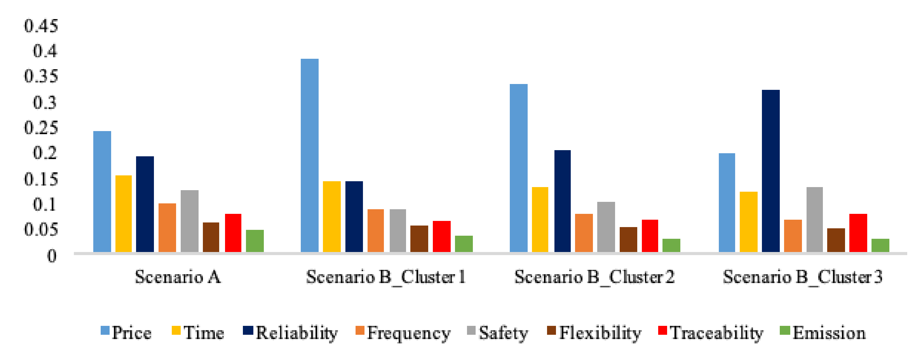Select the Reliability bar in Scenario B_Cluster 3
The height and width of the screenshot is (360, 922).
pos(771,171)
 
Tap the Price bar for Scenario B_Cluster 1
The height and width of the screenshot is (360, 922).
pos(309,155)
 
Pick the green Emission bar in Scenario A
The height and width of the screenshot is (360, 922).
pos(255,241)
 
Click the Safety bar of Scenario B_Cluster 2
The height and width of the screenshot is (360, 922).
pos(606,227)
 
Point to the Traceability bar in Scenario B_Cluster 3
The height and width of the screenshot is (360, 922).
pos(858,233)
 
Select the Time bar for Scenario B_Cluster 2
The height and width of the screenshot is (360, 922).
pos(540,219)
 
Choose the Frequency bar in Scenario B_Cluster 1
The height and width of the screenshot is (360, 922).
pos(376,230)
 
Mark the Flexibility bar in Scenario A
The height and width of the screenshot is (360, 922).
pos(211,237)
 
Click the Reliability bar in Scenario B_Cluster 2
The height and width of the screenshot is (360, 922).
pos(562,201)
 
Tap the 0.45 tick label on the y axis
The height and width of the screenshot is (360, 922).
pos(41,26)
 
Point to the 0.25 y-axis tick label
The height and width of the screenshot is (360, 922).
pos(41,128)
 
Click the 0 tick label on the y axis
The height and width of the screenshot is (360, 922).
pos(52,256)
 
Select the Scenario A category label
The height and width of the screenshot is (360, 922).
pos(178,277)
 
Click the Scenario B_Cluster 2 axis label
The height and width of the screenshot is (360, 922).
pos(594,277)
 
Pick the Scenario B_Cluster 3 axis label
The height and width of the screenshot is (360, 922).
pos(803,277)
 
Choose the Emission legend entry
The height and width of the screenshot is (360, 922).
pos(823,332)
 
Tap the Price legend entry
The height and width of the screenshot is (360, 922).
pos(126,332)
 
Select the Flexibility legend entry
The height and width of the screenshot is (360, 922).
pos(594,332)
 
